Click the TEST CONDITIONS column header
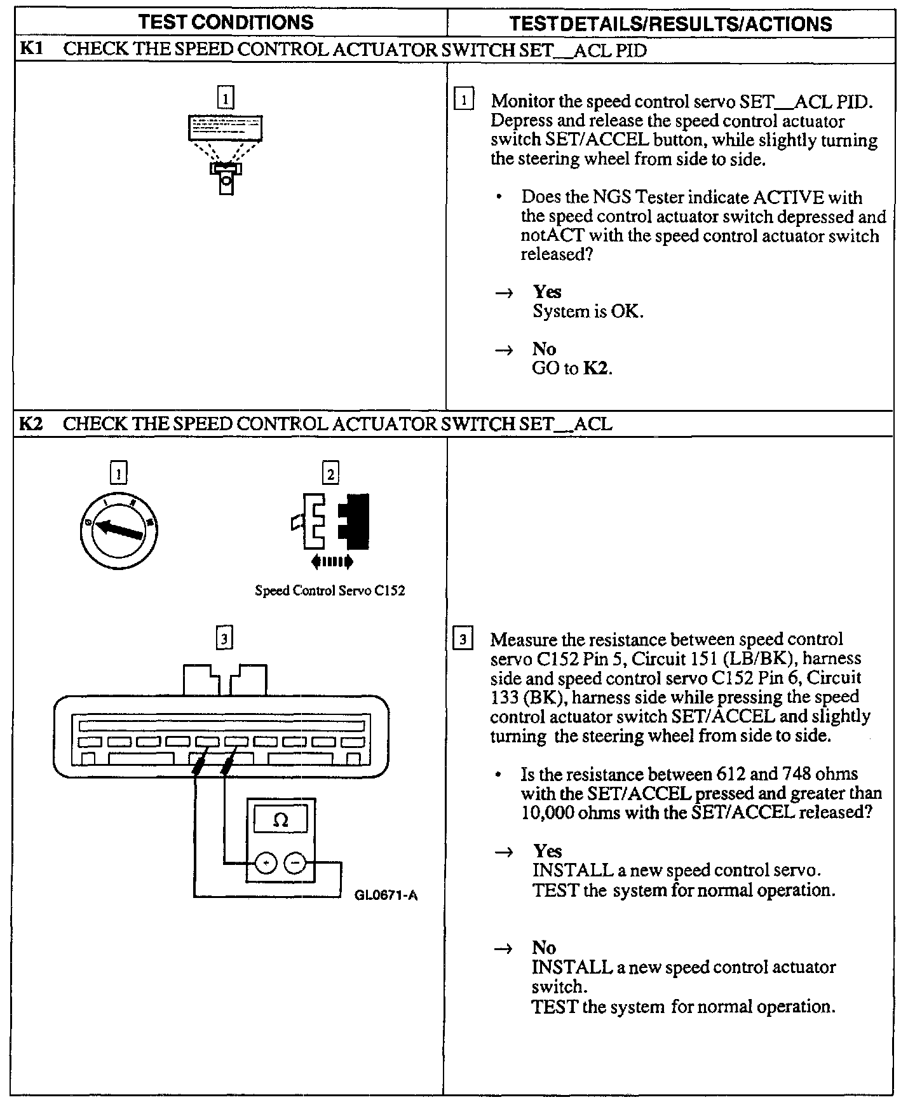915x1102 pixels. coord(226,22)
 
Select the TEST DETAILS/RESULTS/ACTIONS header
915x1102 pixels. coord(670,24)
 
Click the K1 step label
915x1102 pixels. coord(31,49)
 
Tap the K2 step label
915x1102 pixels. coord(31,423)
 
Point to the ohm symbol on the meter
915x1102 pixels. coord(280,820)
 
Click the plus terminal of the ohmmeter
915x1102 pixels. coord(266,863)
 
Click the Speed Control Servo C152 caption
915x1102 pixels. coord(330,590)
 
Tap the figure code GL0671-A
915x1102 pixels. coord(386,895)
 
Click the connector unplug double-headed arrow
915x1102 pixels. coord(331,561)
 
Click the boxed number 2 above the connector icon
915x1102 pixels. coord(330,473)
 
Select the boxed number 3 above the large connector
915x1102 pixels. coord(224,637)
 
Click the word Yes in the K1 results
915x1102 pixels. coord(547,292)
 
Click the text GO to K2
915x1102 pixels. coord(572,369)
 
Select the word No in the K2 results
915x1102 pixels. coord(544,948)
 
